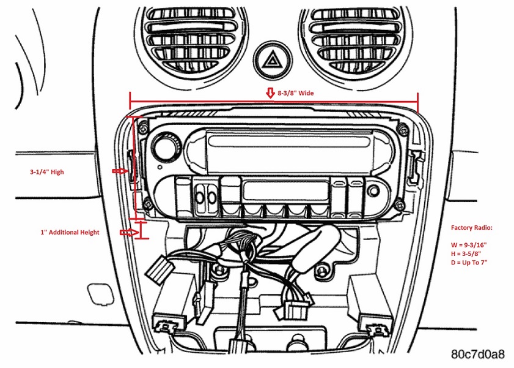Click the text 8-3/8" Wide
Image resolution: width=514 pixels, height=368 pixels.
click(x=296, y=94)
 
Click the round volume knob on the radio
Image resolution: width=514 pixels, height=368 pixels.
click(x=165, y=147)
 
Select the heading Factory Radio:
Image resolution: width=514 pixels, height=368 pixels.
click(x=471, y=227)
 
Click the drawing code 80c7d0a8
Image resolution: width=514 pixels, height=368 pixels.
click(x=478, y=354)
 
